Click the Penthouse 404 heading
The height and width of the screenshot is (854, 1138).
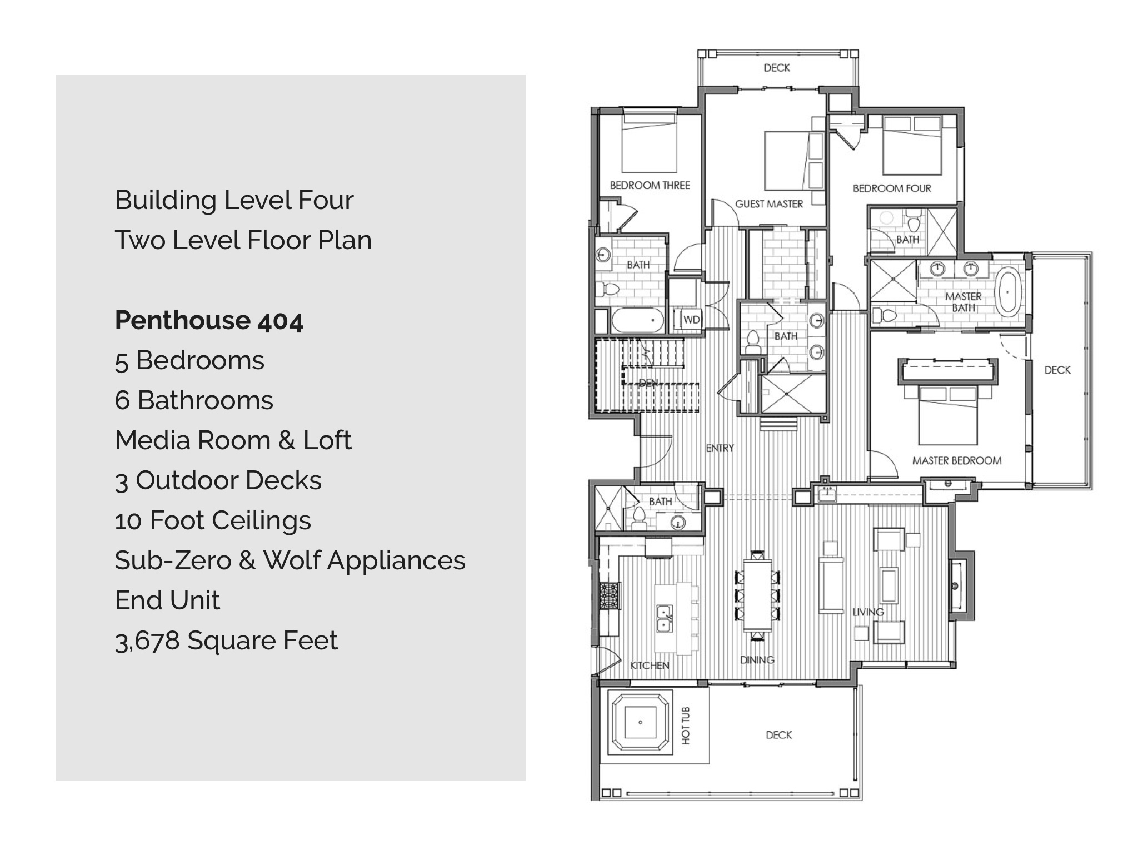pyautogui.click(x=209, y=321)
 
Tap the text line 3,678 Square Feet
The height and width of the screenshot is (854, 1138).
pyautogui.click(x=226, y=640)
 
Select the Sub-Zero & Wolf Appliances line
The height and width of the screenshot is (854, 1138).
pyautogui.click(x=290, y=560)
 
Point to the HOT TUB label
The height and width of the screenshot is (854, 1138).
pyautogui.click(x=686, y=725)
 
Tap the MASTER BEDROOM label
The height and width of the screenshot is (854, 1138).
pyautogui.click(x=957, y=460)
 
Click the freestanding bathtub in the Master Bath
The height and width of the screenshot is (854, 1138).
pyautogui.click(x=1007, y=291)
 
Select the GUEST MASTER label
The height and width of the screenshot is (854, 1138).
pyautogui.click(x=769, y=204)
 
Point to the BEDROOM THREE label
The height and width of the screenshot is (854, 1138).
pyautogui.click(x=650, y=185)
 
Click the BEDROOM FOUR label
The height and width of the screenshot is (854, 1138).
pyautogui.click(x=892, y=188)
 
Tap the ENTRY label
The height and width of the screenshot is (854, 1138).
pyautogui.click(x=720, y=448)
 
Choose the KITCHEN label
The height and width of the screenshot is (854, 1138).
pyautogui.click(x=650, y=666)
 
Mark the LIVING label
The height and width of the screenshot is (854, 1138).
pyautogui.click(x=868, y=612)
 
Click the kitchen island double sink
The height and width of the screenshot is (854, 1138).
pyautogui.click(x=665, y=619)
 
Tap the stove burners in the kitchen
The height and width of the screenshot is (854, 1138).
pyautogui.click(x=610, y=596)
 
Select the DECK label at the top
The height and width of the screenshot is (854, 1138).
pyautogui.click(x=777, y=68)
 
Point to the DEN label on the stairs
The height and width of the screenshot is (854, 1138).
pyautogui.click(x=648, y=383)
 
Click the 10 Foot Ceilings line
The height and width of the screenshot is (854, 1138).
pyautogui.click(x=213, y=520)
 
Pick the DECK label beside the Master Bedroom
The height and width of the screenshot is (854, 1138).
pyautogui.click(x=1057, y=370)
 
